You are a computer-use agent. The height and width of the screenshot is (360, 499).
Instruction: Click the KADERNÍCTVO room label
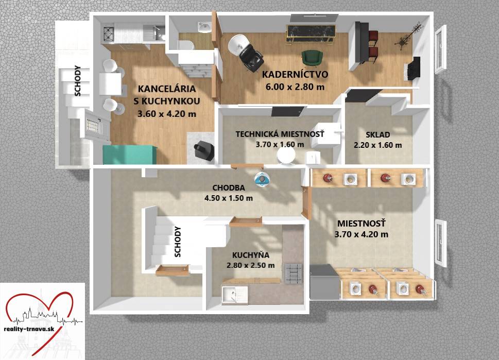coord(295,75)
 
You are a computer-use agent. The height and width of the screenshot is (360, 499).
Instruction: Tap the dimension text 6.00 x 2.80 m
coord(295,87)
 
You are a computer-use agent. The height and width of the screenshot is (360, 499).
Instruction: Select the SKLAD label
coord(378,134)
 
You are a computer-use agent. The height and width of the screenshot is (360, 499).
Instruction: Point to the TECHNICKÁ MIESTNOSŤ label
coord(280,134)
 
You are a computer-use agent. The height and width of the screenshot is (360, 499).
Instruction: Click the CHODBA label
coord(229,187)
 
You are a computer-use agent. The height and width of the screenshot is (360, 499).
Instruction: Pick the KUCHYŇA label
coord(251,254)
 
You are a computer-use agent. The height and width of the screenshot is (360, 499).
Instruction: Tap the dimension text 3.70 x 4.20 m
coord(361,234)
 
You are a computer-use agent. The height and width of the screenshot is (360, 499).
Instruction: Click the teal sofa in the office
coord(130,155)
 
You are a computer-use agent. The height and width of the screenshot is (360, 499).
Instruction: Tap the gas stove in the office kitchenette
coord(109,33)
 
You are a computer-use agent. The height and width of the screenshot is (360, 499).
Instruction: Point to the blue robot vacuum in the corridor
coord(262,179)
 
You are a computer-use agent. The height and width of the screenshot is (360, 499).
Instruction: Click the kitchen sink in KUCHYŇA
coord(235,295)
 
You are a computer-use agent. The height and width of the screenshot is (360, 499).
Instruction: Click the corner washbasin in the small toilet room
coord(204,27)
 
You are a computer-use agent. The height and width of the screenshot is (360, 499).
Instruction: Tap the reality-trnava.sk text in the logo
coord(29,329)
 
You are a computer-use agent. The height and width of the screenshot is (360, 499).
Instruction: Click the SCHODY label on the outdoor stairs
coord(77,80)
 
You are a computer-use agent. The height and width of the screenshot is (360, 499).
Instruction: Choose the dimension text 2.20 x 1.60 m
coord(378,145)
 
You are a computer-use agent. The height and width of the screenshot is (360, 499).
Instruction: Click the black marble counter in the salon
coord(311,33)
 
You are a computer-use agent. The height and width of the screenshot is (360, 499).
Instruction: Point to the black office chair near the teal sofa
coord(204,149)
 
